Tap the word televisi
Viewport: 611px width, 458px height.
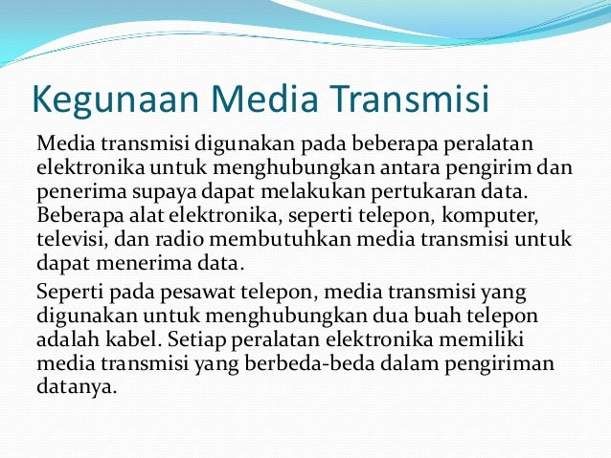70,235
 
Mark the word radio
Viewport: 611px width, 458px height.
181,235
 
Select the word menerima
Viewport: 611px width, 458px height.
127,258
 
